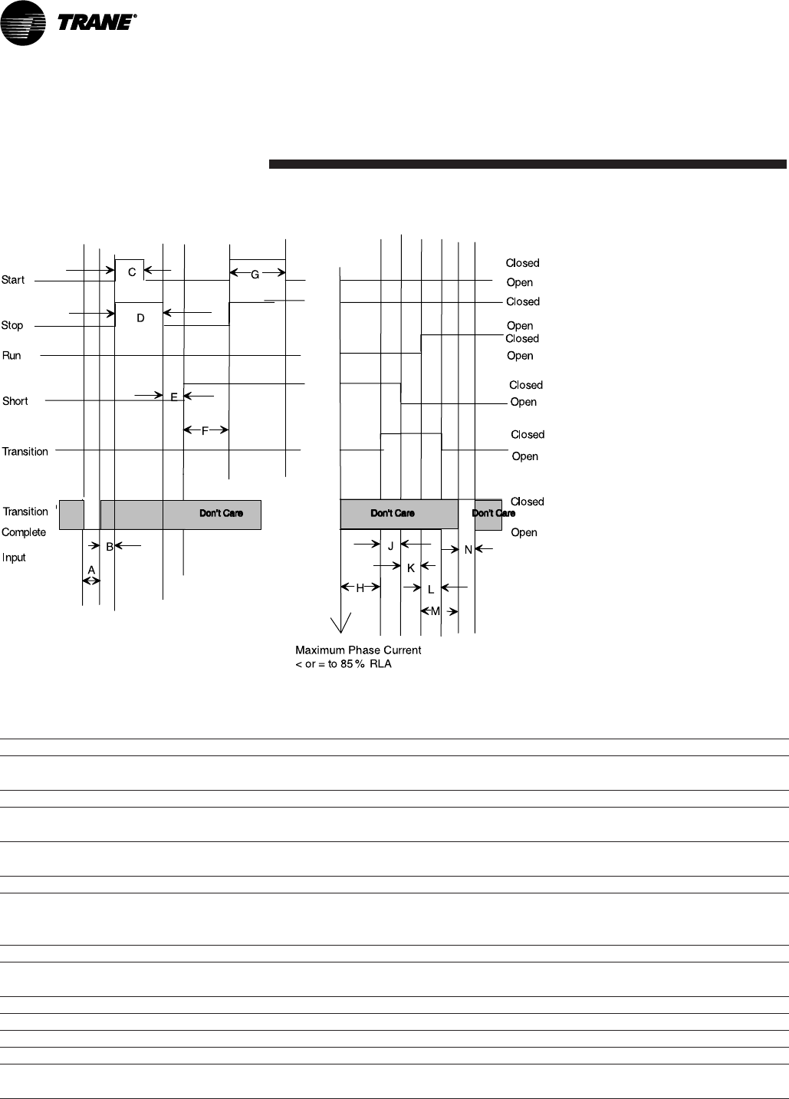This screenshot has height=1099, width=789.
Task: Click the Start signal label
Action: (x=13, y=280)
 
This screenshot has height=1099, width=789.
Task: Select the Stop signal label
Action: (x=12, y=325)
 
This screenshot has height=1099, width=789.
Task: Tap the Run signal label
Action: (x=12, y=356)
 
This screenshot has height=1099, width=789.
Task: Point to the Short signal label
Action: (x=15, y=401)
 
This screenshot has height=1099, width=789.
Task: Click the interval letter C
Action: (x=132, y=272)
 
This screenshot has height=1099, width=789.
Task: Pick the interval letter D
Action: (x=140, y=318)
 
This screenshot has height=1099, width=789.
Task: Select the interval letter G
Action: (x=255, y=275)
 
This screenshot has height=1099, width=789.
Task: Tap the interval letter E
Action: (x=174, y=397)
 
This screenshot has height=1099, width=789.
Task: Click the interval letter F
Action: (x=205, y=431)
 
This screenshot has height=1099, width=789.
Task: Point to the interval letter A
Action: (x=91, y=570)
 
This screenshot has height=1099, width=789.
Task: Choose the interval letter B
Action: (x=110, y=547)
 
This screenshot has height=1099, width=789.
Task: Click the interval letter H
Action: (x=360, y=588)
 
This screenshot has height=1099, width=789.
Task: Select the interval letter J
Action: (x=390, y=547)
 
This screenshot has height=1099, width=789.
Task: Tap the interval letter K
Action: (x=411, y=568)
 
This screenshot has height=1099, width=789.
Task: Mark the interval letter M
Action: (x=436, y=611)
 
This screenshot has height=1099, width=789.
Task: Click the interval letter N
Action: (x=468, y=550)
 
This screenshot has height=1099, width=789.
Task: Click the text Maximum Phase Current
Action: (x=358, y=650)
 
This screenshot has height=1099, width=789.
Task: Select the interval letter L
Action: (x=431, y=590)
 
